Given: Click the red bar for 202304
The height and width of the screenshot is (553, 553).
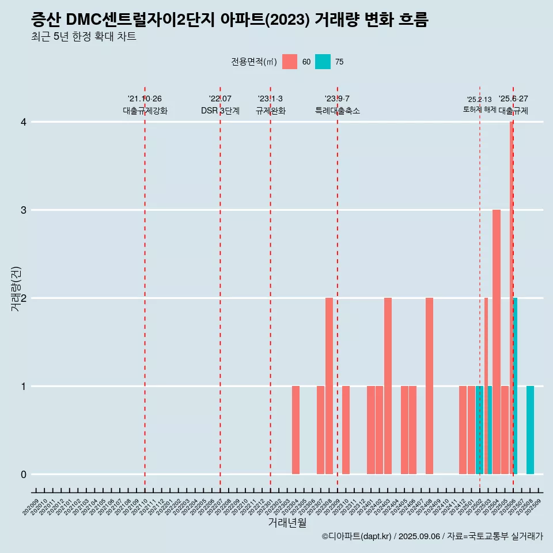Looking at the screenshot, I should (x=296, y=430).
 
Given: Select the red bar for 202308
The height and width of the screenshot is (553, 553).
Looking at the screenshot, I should (x=329, y=386).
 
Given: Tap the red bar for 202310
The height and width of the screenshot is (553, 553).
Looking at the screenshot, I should (x=346, y=430).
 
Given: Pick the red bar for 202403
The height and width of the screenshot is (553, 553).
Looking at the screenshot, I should (x=388, y=386).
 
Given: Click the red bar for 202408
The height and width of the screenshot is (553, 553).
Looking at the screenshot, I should (x=429, y=386).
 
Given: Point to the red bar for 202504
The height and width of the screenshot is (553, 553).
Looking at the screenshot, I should (x=496, y=342).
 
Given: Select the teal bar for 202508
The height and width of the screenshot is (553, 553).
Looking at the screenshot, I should (x=530, y=430).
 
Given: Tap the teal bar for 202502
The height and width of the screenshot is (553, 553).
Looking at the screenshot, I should (x=479, y=430).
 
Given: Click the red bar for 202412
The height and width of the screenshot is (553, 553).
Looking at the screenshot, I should (x=463, y=430).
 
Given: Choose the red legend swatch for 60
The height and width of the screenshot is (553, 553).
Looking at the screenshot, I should (x=290, y=62).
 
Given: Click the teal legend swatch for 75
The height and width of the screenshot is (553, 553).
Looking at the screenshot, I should (x=323, y=62).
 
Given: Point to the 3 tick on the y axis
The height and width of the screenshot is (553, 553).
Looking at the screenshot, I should (x=24, y=210).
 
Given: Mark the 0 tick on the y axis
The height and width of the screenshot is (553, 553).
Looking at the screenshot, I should (x=24, y=474).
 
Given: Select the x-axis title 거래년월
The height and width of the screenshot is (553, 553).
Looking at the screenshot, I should (x=287, y=522).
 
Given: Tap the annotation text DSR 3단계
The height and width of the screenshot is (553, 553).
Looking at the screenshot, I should (x=220, y=111).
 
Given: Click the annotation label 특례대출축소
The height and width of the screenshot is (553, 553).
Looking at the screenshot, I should (x=338, y=111).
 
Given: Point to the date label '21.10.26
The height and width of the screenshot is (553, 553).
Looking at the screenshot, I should (x=145, y=99).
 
